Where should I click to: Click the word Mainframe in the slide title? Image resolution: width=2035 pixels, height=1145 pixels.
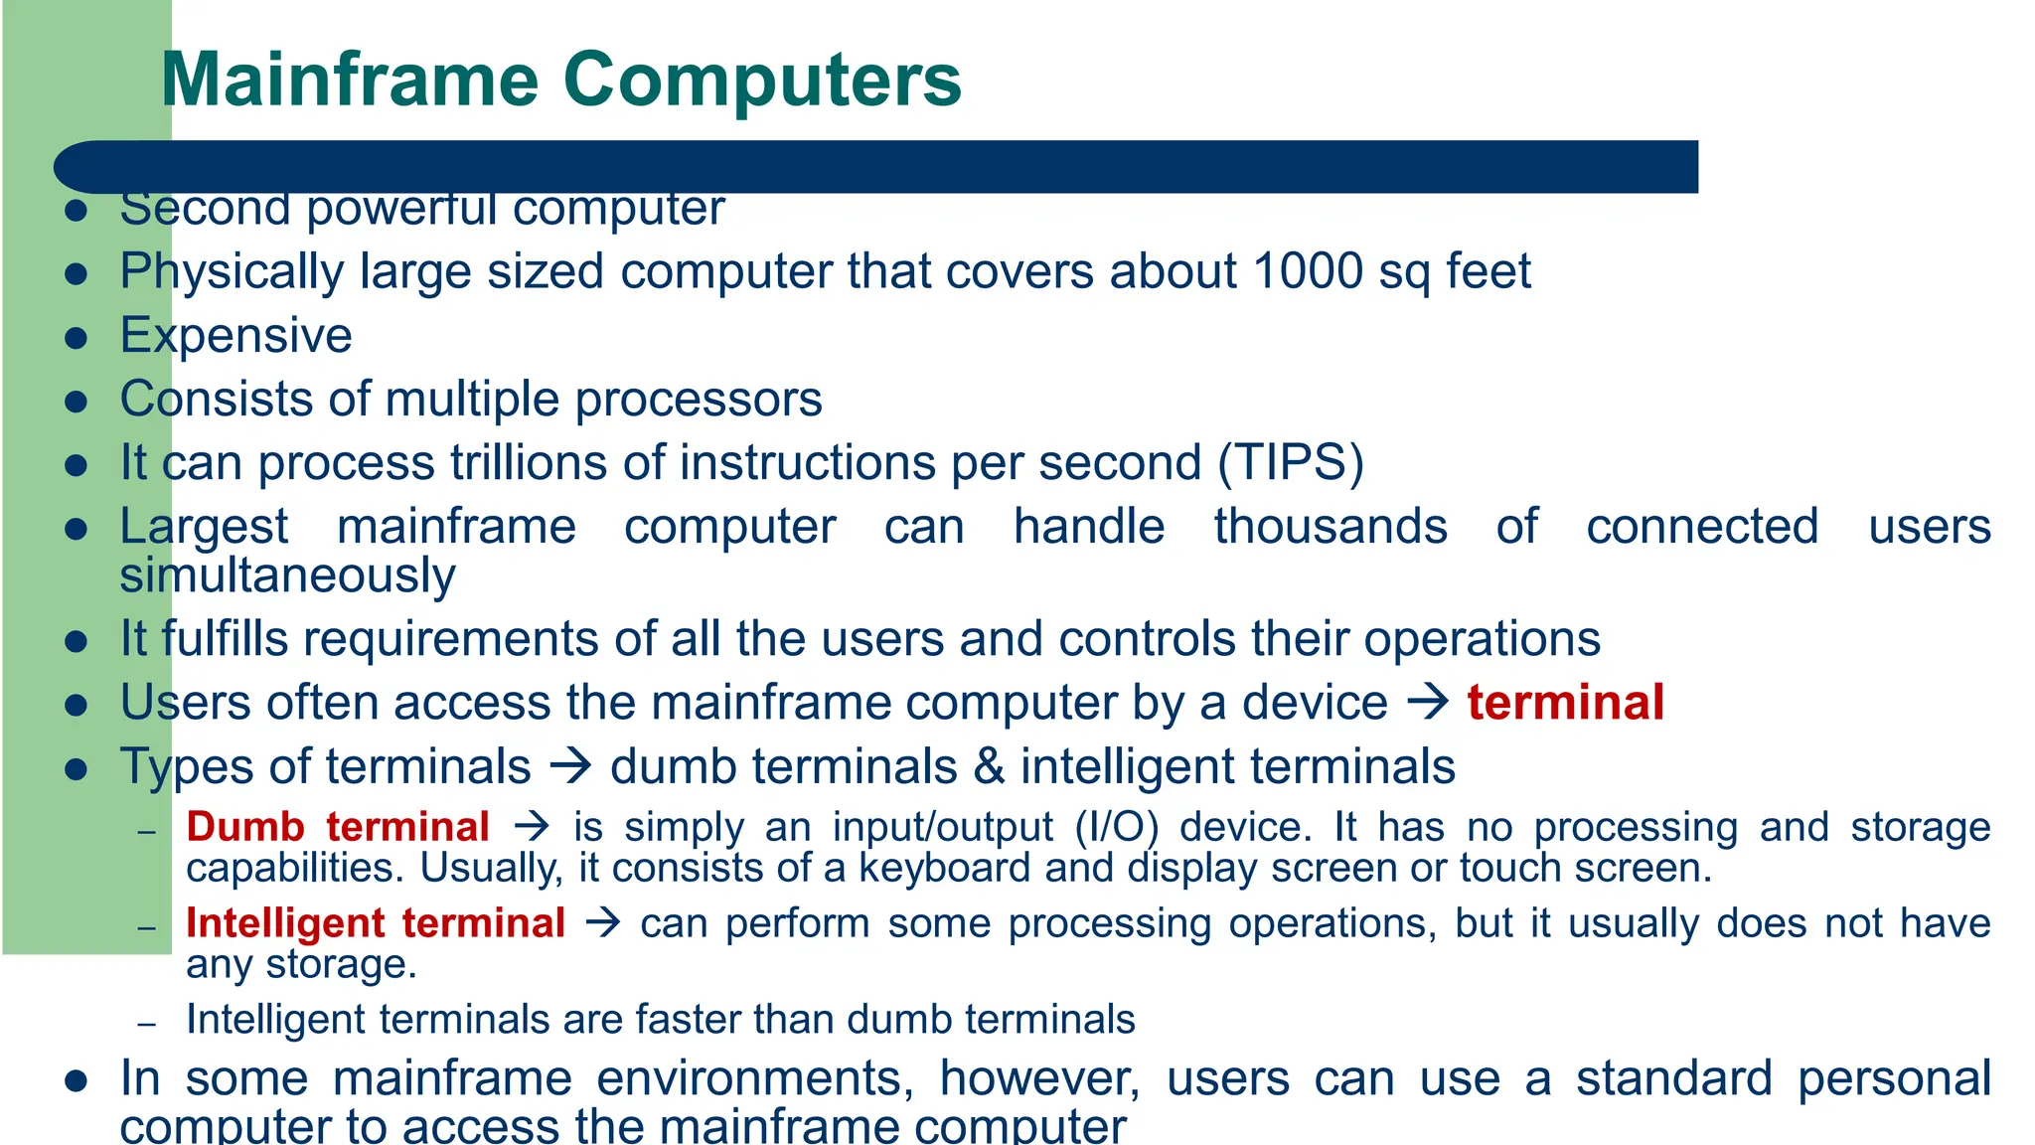click(350, 80)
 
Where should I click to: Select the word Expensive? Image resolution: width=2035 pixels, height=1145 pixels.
click(235, 336)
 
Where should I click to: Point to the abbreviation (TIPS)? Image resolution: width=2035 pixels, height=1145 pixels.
click(1291, 463)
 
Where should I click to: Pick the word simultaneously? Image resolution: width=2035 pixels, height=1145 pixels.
click(287, 576)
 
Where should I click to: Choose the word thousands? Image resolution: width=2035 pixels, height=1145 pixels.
click(1330, 527)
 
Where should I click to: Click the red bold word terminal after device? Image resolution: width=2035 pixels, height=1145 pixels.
click(1565, 703)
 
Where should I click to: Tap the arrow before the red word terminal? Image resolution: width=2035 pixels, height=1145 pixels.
click(1428, 703)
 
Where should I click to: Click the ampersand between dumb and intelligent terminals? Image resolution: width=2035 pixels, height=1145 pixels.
click(989, 767)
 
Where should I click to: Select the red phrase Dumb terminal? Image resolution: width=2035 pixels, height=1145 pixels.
click(338, 827)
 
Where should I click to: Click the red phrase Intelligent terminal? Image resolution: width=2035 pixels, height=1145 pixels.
click(376, 923)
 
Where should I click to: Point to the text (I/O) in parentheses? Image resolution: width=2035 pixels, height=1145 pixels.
click(1116, 827)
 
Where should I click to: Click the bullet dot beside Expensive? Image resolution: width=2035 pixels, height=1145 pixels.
click(77, 338)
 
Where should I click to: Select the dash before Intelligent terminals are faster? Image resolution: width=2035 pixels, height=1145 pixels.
click(147, 1023)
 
